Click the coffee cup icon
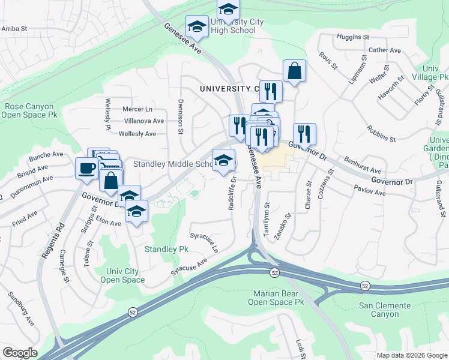(x=86, y=167)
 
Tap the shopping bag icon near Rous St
(x=295, y=70)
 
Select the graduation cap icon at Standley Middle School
(x=223, y=160)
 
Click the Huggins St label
(x=353, y=37)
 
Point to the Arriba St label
(x=14, y=28)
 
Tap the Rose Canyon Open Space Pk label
(x=30, y=110)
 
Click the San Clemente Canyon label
(x=385, y=310)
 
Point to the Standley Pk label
(x=166, y=248)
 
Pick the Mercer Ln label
(x=137, y=109)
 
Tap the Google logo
(x=20, y=353)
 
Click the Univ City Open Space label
(x=122, y=275)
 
